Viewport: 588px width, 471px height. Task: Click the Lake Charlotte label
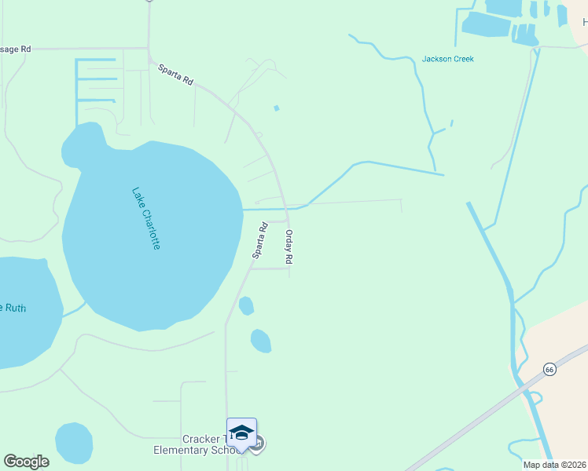146,218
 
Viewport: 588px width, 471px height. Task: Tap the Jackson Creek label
447,59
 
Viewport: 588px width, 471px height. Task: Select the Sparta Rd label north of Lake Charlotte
175,75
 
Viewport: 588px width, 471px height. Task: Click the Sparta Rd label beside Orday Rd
259,241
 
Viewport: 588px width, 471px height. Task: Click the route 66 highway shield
549,369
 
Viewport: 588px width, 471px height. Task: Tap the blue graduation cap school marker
242,433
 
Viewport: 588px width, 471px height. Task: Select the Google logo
26,462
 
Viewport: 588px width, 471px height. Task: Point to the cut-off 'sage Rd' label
15,49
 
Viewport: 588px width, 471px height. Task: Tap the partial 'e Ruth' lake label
13,308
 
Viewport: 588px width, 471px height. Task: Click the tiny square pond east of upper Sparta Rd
276,108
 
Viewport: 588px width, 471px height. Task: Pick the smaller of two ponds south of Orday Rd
246,305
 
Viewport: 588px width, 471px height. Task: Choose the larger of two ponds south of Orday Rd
260,341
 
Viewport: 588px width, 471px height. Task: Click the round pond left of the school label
74,442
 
